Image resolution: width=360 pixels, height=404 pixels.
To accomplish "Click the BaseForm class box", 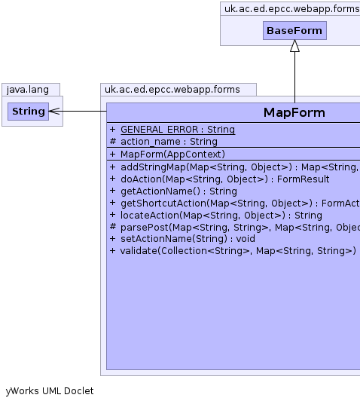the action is (294, 31).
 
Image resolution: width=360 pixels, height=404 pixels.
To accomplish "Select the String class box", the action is (29, 112).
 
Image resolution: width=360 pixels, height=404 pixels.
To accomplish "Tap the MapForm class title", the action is (294, 112).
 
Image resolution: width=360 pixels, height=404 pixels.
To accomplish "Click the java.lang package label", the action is (28, 90).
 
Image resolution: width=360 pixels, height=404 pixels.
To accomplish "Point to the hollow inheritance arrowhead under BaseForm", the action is (294, 46).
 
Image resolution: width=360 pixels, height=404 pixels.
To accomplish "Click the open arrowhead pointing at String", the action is (54, 112).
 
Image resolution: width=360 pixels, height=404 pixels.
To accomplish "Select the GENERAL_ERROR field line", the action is (172, 130).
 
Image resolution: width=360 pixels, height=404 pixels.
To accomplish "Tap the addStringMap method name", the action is (153, 167).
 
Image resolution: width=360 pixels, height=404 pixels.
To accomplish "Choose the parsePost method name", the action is (144, 228).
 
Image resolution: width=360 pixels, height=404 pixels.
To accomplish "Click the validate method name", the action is (139, 251).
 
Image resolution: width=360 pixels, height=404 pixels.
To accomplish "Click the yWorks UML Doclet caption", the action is (50, 391).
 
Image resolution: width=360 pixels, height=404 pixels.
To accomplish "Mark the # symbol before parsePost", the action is (112, 227).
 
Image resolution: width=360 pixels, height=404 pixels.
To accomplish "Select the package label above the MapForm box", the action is (172, 90).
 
